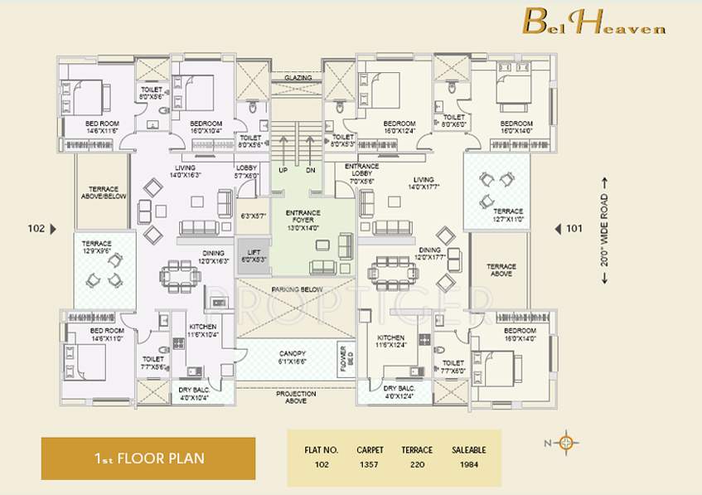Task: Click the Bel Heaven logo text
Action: [x=593, y=22]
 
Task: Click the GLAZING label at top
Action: [x=298, y=78]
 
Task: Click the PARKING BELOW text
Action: [x=296, y=289]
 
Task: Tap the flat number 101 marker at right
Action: [x=573, y=228]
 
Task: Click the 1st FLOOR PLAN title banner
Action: [x=148, y=458]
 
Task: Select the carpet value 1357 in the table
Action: [x=370, y=465]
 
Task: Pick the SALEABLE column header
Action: [x=468, y=449]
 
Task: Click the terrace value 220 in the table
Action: [x=417, y=465]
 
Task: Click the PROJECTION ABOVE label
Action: [x=296, y=397]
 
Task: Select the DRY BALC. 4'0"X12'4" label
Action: [x=399, y=391]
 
